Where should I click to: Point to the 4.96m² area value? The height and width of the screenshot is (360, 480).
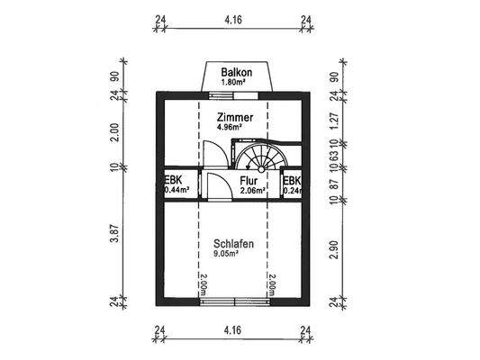[x=229, y=128]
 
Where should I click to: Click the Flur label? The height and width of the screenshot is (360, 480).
[x=249, y=180]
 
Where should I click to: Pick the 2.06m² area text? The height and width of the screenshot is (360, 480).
[x=253, y=191]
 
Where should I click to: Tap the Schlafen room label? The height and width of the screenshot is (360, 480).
[x=232, y=243]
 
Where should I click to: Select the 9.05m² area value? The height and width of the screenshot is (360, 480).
[x=225, y=255]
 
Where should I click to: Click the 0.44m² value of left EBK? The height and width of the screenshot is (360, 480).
[x=177, y=191]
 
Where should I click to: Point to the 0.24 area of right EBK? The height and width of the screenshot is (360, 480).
[x=292, y=191]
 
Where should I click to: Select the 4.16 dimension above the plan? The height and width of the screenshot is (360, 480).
[x=232, y=17]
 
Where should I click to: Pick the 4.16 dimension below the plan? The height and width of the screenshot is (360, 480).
[x=232, y=330]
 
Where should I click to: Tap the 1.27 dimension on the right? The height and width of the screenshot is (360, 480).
[x=333, y=115]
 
